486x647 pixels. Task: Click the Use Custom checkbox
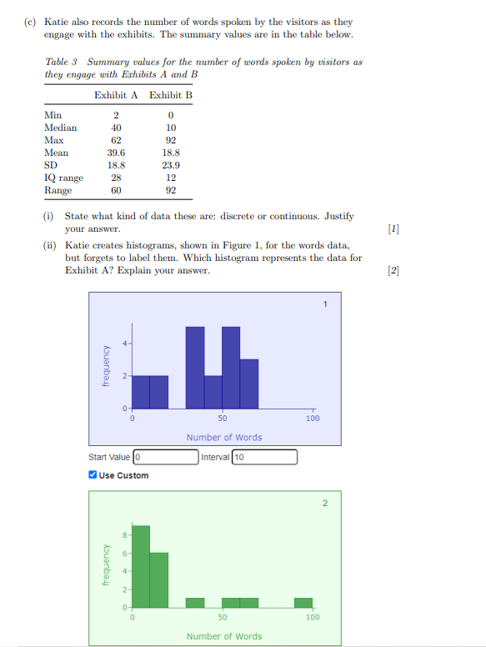coord(93,475)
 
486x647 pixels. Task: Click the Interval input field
coord(263,457)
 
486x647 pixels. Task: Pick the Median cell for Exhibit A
coord(117,128)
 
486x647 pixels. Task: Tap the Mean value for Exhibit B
coord(171,153)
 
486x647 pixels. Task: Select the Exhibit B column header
coord(171,95)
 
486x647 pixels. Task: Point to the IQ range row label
coord(63,178)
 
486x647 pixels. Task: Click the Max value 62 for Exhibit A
coord(117,140)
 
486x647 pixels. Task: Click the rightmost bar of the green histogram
coord(303,602)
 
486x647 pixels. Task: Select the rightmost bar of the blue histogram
coord(249,384)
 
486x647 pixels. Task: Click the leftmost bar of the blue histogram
coord(141,392)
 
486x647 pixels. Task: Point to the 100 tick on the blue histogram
coord(313,418)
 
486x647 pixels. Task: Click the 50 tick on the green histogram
coord(222,617)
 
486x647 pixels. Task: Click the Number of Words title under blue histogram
coord(224,437)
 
